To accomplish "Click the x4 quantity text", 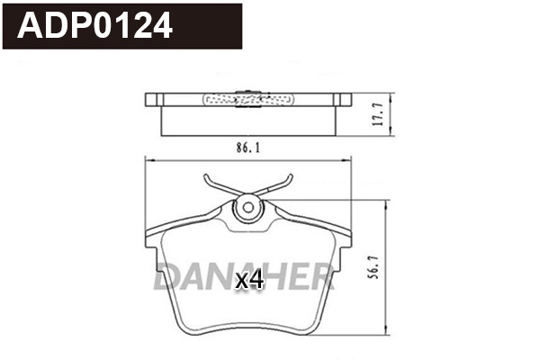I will [x=248, y=281].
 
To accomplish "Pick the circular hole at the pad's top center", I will [x=246, y=209].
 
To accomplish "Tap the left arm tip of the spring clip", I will [x=208, y=175].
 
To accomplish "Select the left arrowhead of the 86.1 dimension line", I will [x=148, y=159].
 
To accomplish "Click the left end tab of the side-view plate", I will [x=152, y=99].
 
